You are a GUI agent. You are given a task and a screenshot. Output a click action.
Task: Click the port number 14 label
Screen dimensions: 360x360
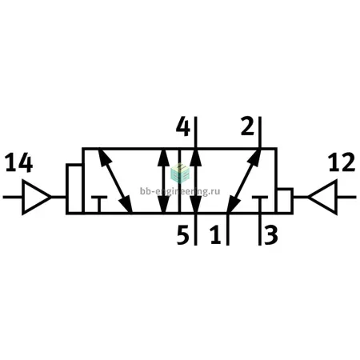19,162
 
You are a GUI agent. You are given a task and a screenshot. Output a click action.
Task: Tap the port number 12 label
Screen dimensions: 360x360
342,162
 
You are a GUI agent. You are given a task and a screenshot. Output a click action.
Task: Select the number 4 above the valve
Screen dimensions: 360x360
183,127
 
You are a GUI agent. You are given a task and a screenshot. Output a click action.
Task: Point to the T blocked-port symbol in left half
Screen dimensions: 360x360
99,204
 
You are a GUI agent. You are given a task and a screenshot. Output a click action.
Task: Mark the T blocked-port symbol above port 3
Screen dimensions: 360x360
260,204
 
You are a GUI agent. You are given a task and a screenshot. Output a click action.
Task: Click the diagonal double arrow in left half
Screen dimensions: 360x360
115,181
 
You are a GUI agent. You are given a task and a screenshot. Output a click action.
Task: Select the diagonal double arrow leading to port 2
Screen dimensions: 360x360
244,181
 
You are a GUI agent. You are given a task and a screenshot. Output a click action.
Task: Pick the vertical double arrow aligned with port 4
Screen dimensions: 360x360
196,181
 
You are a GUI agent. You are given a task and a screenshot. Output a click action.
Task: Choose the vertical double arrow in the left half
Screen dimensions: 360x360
163,181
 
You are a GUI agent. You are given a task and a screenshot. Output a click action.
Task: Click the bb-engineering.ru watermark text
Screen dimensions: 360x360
180,191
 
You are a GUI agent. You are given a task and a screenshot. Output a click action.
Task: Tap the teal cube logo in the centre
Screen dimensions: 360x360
180,174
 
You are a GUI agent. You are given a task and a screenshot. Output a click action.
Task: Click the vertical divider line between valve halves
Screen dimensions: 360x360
179,181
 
